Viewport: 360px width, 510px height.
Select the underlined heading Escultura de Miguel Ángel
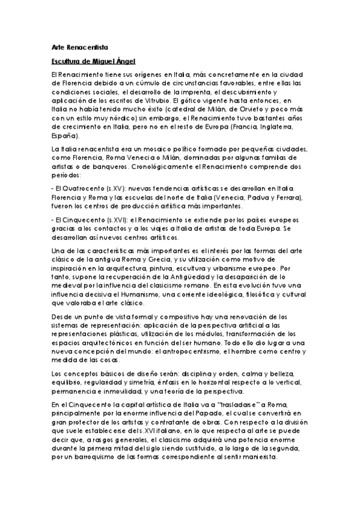coord(93,61)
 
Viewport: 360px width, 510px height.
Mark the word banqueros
coord(123,167)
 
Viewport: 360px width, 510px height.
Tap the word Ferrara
coord(287,198)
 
